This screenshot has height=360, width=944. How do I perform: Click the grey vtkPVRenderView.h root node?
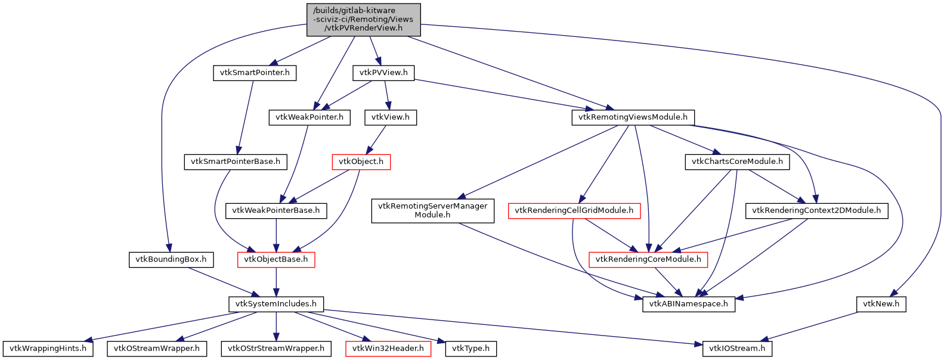coord(364,19)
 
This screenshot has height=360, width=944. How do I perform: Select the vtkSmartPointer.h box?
coord(255,73)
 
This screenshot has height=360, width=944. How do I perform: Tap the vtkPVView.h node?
coord(383,73)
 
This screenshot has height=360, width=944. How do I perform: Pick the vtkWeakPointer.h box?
coord(309,117)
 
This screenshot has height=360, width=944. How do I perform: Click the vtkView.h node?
coord(391,117)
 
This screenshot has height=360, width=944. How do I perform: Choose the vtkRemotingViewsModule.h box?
coord(633,117)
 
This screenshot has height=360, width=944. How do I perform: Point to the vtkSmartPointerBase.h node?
coord(236,162)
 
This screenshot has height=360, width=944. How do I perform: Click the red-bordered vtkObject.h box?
coord(361,162)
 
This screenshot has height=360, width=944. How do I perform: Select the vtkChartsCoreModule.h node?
coord(737,162)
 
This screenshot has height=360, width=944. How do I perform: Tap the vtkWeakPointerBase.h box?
coord(276,210)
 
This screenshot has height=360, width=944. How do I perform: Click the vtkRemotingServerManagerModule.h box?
coord(432,210)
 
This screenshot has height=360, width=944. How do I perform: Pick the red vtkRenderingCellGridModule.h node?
coord(574,210)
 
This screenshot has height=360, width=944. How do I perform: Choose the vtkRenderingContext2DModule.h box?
coord(816,210)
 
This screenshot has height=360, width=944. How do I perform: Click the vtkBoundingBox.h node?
coord(171,259)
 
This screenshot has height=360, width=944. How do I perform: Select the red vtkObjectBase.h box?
coord(276,259)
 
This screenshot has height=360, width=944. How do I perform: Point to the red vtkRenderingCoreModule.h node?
coord(648,259)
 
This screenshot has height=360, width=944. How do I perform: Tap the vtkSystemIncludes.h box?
coord(276,304)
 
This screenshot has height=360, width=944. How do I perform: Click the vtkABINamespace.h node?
coord(689,304)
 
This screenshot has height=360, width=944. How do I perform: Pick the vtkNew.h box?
coord(881,304)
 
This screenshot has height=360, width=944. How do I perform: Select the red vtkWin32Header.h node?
coord(388,349)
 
